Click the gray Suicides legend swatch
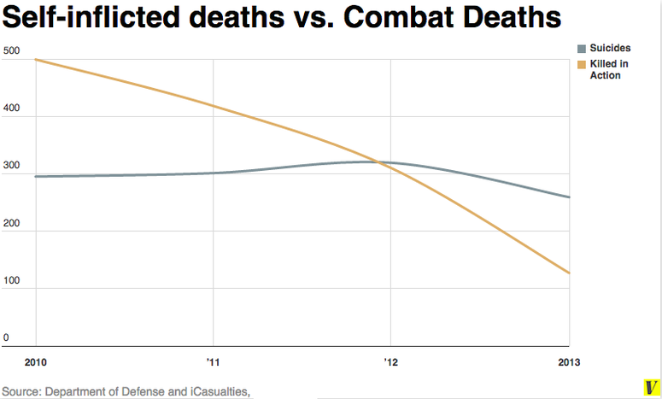point(582,49)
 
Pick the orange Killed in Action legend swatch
point(582,64)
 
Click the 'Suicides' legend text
point(610,49)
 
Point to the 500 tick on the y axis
point(11,51)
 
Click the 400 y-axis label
point(11,109)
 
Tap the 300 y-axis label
point(11,166)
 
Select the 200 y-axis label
point(11,223)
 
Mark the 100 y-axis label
point(11,280)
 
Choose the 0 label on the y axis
point(6,337)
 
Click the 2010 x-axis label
point(35,362)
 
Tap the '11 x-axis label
point(213,362)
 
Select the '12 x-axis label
point(391,362)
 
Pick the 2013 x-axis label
point(569,362)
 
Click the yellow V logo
point(649,386)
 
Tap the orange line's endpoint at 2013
point(570,273)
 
